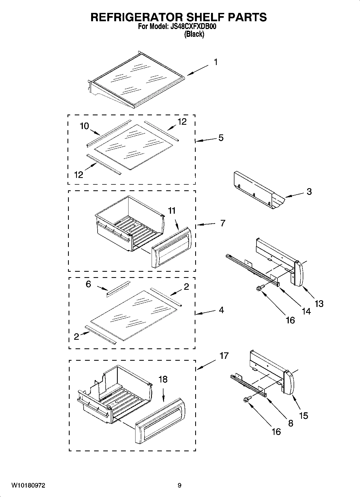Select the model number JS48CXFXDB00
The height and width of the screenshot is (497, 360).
tap(192, 27)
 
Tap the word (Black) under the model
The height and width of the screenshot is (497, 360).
tap(194, 34)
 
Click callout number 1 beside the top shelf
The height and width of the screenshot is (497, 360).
tap(215, 62)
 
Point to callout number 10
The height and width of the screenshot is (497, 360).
tap(84, 126)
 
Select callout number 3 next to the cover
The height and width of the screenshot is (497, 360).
tap(309, 192)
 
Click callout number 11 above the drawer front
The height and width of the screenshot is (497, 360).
tap(172, 211)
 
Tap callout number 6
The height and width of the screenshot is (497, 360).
tap(88, 284)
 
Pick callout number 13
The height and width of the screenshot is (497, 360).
tap(319, 304)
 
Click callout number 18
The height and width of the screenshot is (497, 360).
tap(163, 379)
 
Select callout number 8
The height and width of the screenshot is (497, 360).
tap(290, 423)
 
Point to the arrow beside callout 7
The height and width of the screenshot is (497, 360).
tap(206, 224)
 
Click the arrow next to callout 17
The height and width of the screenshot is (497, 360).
tap(206, 365)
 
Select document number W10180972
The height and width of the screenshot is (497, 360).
tap(28, 485)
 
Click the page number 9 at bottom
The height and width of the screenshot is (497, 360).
tap(179, 485)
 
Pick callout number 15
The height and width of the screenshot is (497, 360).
tap(303, 416)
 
